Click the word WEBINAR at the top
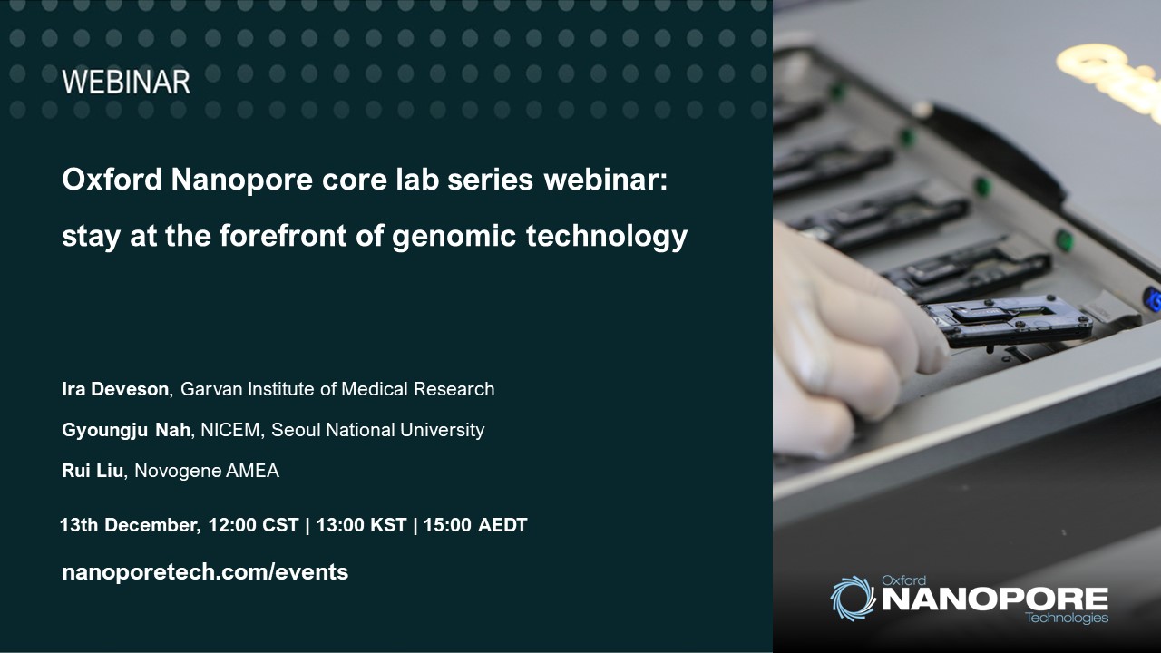(x=126, y=82)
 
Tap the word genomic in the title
(x=454, y=238)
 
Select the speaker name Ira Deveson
(x=115, y=389)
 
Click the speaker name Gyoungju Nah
(x=126, y=430)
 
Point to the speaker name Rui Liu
(x=93, y=471)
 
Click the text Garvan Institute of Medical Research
(x=337, y=389)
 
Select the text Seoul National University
(x=378, y=430)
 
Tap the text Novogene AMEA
(x=207, y=471)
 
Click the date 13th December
(x=130, y=525)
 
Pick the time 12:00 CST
(x=253, y=525)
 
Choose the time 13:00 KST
(x=361, y=525)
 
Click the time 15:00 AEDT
(x=475, y=525)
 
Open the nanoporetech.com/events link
(x=205, y=572)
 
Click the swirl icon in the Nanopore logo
(x=853, y=598)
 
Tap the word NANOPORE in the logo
(x=995, y=599)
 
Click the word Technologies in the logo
(x=1067, y=618)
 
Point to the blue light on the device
(x=1153, y=299)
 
